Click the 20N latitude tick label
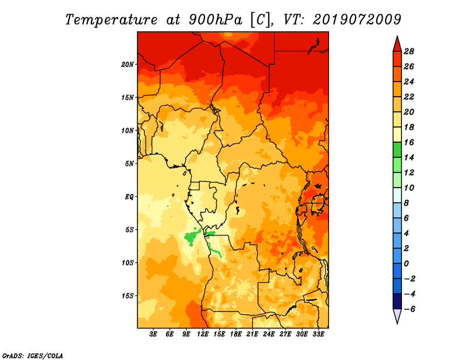click(128, 65)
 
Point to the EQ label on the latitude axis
click(129, 197)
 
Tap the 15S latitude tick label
click(128, 296)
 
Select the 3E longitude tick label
click(153, 334)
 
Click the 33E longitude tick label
click(318, 334)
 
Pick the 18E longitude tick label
click(236, 334)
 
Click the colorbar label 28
click(409, 51)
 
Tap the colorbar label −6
click(409, 309)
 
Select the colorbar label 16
click(409, 142)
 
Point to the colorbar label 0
click(406, 264)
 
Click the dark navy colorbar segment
click(397, 301)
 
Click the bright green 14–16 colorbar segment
click(397, 150)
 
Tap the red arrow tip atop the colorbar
click(397, 37)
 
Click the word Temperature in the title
click(111, 20)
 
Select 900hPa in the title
click(216, 20)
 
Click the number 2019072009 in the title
click(357, 20)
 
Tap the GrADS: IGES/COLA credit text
click(33, 356)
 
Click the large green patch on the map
click(191, 237)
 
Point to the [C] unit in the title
click(260, 20)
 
